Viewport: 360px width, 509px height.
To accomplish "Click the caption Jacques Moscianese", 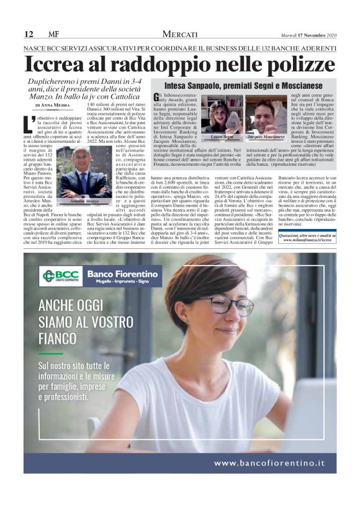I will [261, 136].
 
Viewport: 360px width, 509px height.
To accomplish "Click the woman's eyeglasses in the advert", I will [230, 306].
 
